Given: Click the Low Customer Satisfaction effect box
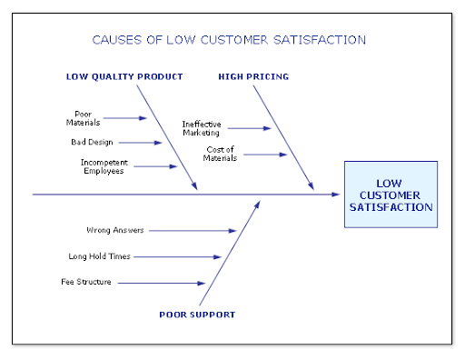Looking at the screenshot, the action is click(391, 195).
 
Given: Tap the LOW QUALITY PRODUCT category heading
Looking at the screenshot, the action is click(124, 76).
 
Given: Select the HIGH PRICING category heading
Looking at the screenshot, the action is click(253, 76).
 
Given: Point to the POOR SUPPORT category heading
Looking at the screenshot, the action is click(197, 315).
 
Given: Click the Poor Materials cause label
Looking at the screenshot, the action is click(83, 118).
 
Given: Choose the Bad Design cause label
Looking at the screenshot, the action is click(92, 142).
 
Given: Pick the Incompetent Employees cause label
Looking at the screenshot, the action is click(104, 166).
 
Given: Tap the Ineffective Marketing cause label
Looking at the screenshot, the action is click(202, 128).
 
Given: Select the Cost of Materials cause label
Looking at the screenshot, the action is click(220, 154).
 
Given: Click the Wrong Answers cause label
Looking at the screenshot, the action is click(115, 230).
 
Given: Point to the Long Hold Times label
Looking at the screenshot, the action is click(99, 256).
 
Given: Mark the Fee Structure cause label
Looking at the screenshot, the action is click(86, 282).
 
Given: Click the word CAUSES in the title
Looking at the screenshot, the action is click(117, 40).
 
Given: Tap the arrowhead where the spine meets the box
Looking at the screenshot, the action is click(335, 195).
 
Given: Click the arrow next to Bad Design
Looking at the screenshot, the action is click(140, 143).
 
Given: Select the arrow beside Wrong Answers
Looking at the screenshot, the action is click(193, 231).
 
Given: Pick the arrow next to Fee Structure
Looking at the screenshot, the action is click(162, 283).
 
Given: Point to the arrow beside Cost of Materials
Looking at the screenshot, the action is click(265, 155).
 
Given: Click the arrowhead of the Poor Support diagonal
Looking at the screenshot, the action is click(257, 205).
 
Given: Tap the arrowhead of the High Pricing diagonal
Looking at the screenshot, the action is click(311, 185).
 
